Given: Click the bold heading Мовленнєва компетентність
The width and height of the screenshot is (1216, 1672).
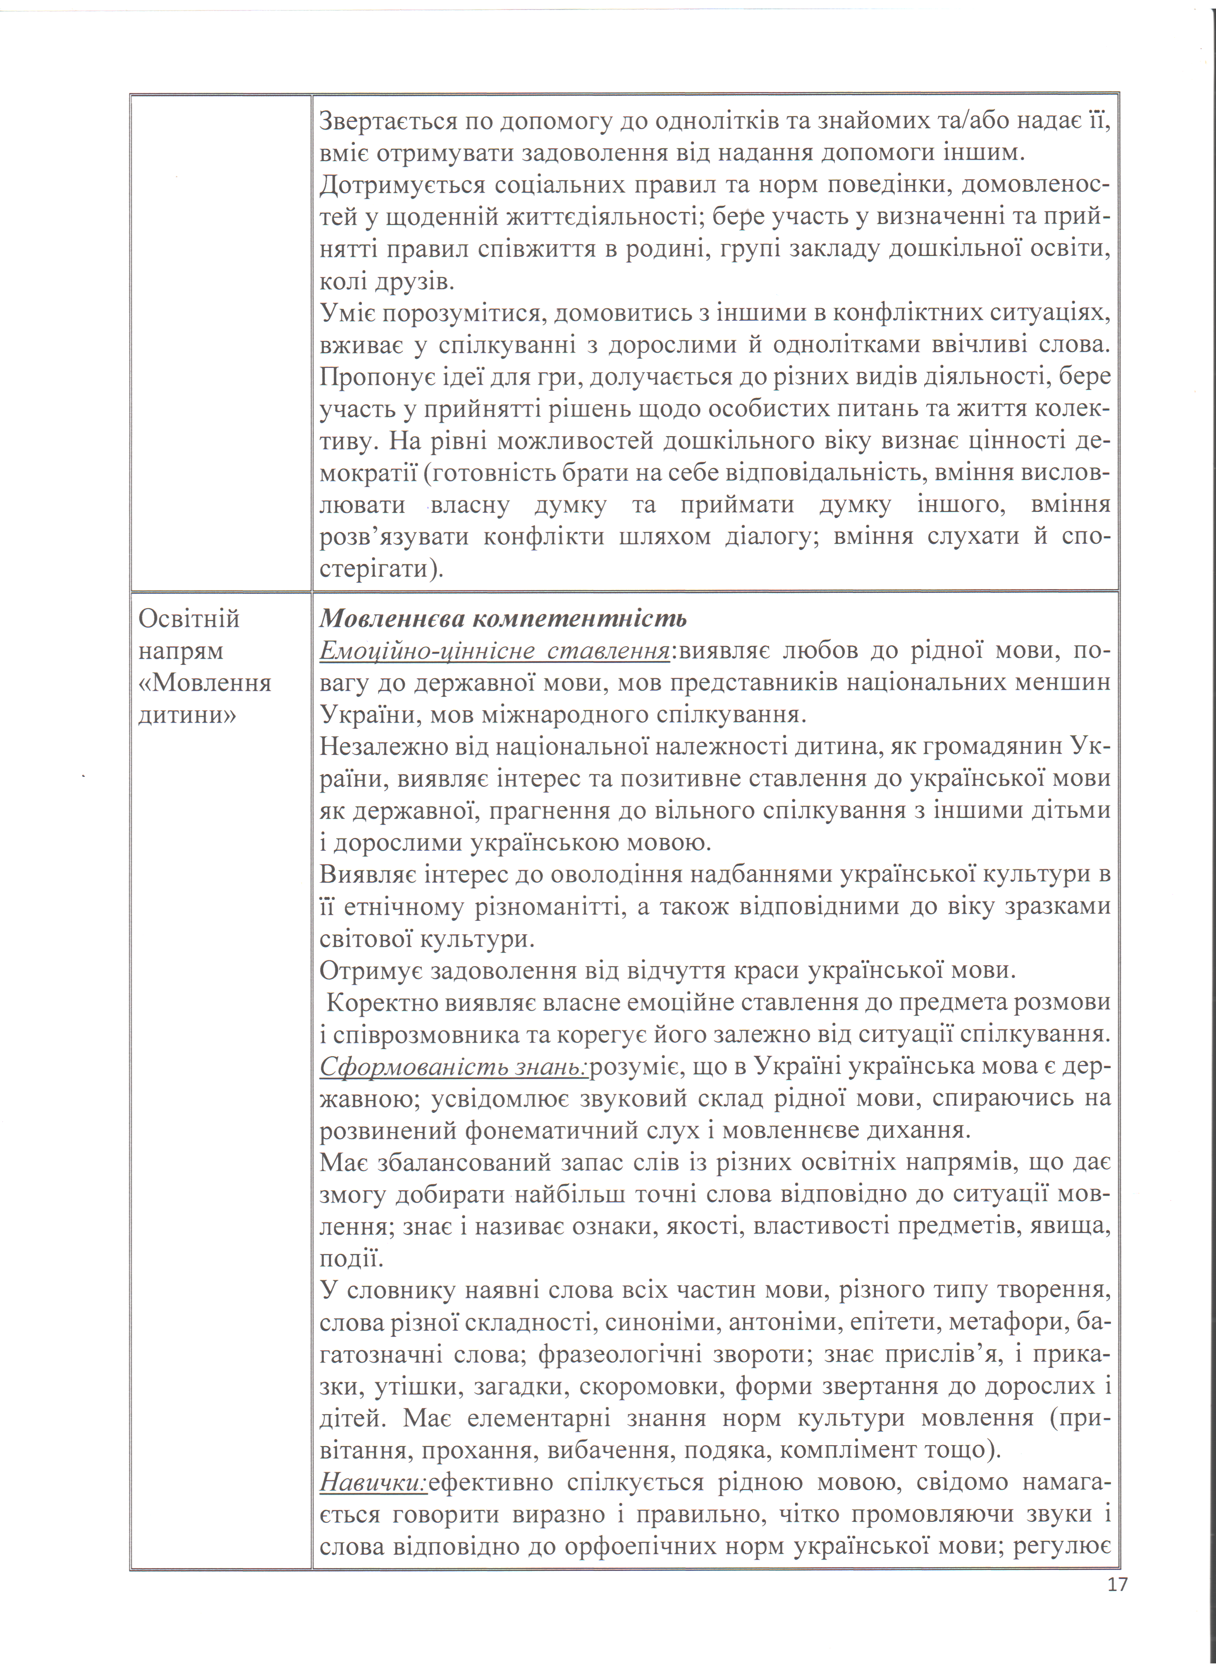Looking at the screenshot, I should pos(503,618).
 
